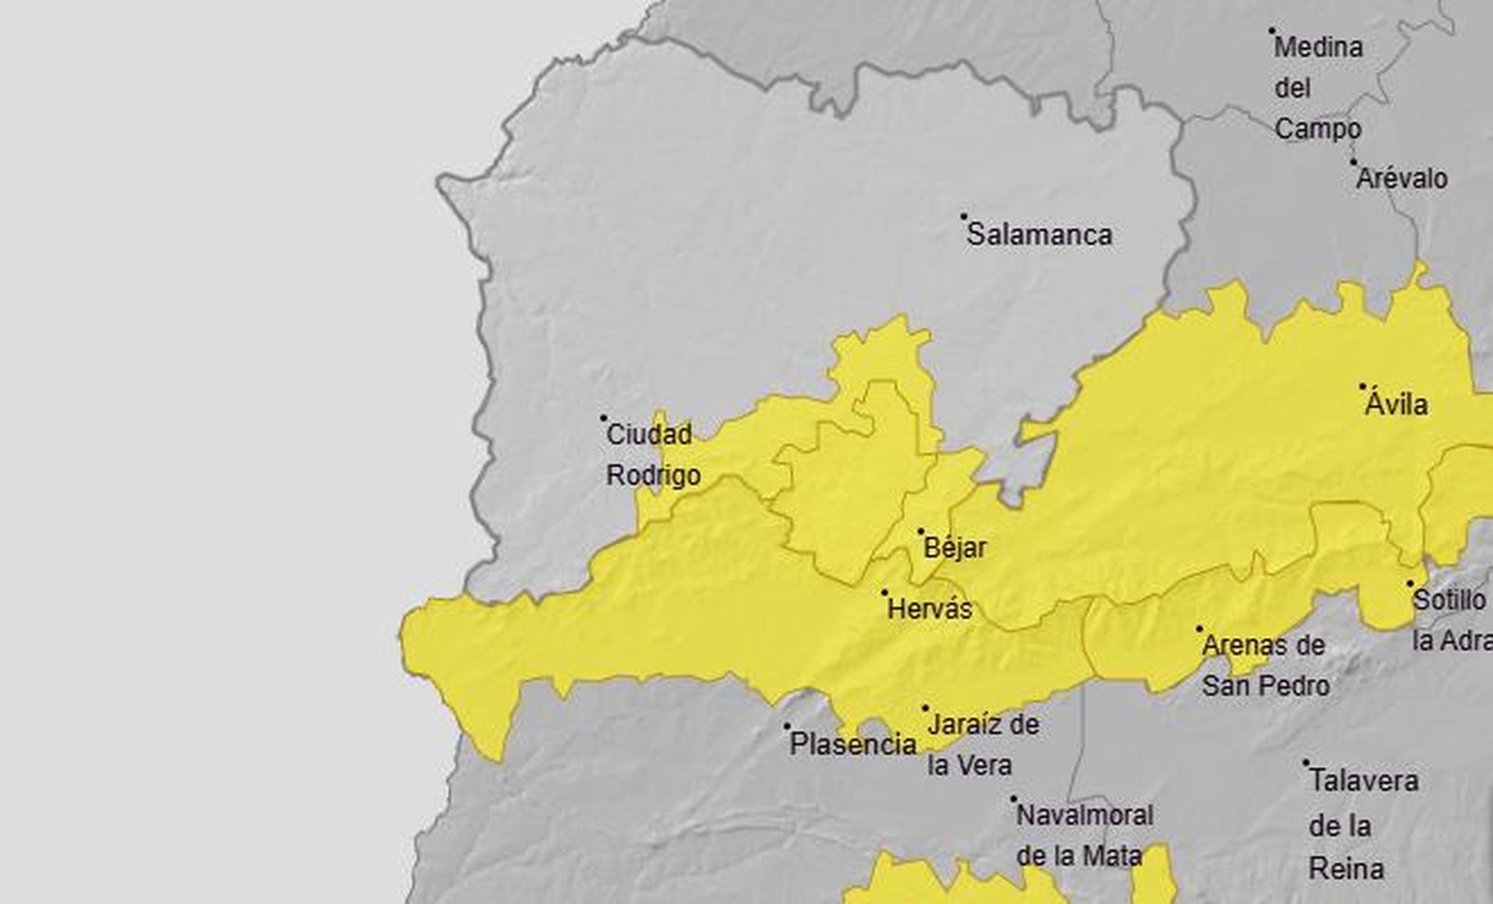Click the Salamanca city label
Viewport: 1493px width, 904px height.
(x=1039, y=234)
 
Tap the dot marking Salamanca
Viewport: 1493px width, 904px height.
(x=964, y=216)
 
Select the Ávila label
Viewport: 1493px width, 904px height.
(x=1396, y=405)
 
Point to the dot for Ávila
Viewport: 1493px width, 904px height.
(x=1362, y=385)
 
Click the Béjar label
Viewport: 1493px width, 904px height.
(x=955, y=548)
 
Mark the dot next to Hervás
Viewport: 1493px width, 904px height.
(x=885, y=591)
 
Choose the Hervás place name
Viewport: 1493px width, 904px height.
(x=929, y=609)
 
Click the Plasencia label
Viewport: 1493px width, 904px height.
(x=853, y=744)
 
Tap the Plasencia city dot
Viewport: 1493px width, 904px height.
(x=787, y=726)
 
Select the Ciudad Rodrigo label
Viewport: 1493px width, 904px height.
(x=652, y=454)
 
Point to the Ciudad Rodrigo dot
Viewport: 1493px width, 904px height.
(x=604, y=418)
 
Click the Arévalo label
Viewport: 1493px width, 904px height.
(x=1402, y=178)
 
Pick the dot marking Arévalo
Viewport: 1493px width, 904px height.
(x=1353, y=160)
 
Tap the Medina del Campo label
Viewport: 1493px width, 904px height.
(x=1318, y=88)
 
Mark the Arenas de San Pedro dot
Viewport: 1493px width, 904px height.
(x=1199, y=629)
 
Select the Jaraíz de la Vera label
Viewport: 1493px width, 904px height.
(x=983, y=744)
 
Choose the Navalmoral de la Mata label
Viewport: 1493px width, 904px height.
(x=1084, y=835)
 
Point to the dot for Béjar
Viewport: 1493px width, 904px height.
(x=921, y=531)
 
